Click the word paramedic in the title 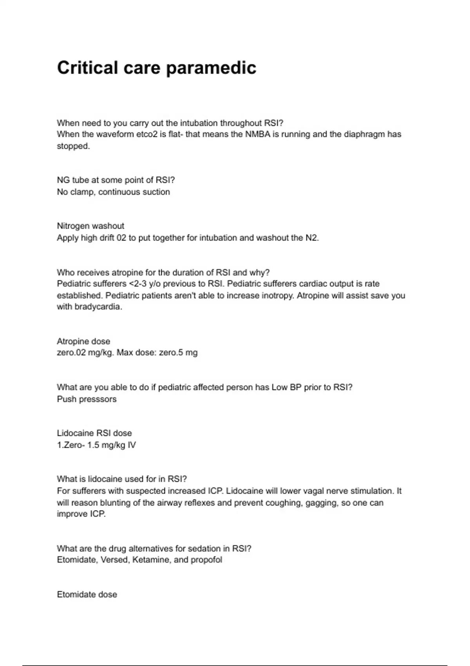211,68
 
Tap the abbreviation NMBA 257,134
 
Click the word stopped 73,146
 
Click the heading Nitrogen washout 90,226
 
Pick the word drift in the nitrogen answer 107,238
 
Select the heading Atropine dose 83,341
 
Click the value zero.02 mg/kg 85,353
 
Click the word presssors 97,399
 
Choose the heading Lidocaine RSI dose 94,433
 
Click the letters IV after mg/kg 132,445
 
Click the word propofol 206,560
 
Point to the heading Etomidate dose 87,595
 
